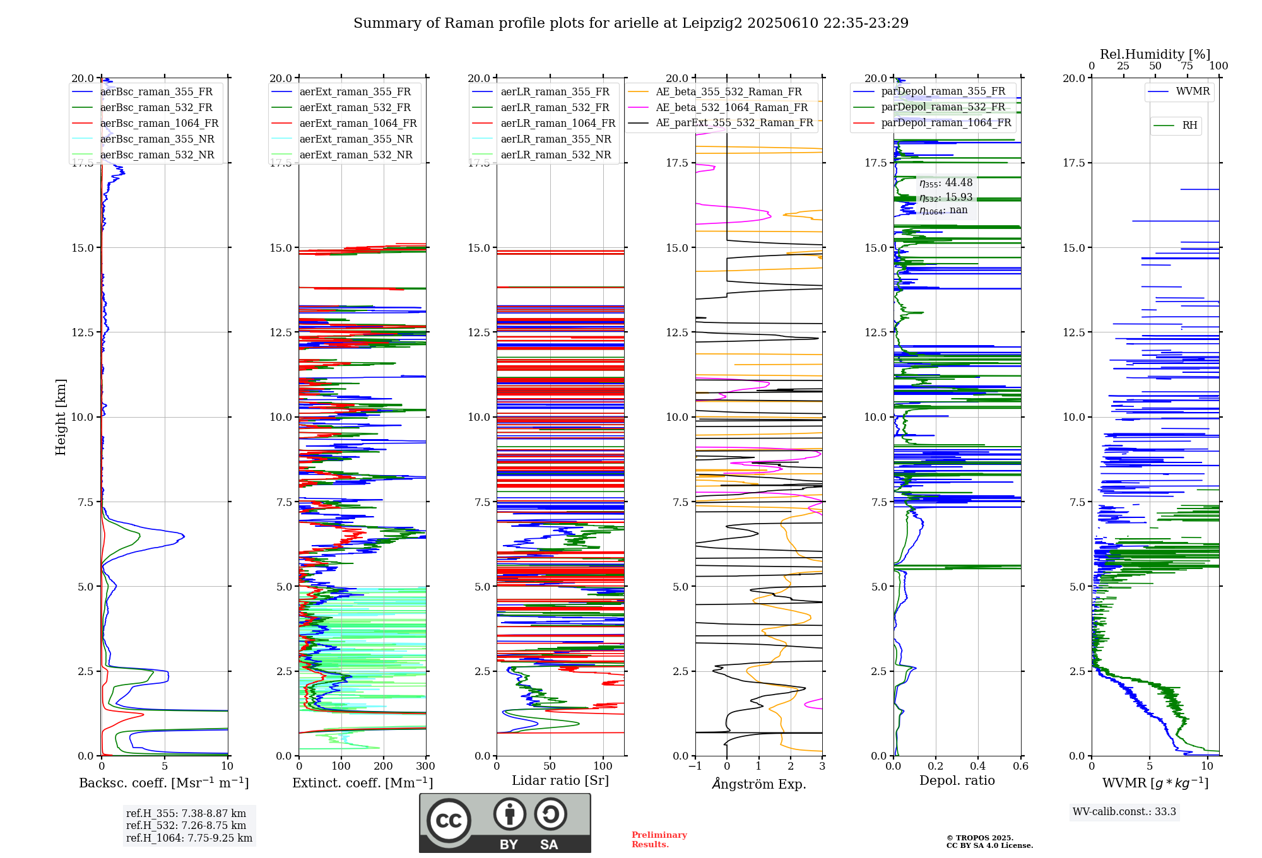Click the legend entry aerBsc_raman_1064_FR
159,124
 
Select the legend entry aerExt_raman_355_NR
355,139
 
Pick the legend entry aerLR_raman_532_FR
555,108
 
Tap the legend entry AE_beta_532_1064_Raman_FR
731,108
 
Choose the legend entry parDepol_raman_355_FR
943,91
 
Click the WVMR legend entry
1193,91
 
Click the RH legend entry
1189,126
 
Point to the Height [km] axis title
61,417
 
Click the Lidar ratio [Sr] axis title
560,780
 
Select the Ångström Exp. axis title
758,784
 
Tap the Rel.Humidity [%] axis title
1155,54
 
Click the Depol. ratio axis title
957,780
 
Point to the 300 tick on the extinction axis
426,767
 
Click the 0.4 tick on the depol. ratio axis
978,767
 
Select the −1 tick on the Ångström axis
695,767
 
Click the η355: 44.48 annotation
945,183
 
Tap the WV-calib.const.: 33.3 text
1124,812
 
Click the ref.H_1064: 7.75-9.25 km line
189,838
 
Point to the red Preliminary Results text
659,840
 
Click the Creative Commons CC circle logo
449,820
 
